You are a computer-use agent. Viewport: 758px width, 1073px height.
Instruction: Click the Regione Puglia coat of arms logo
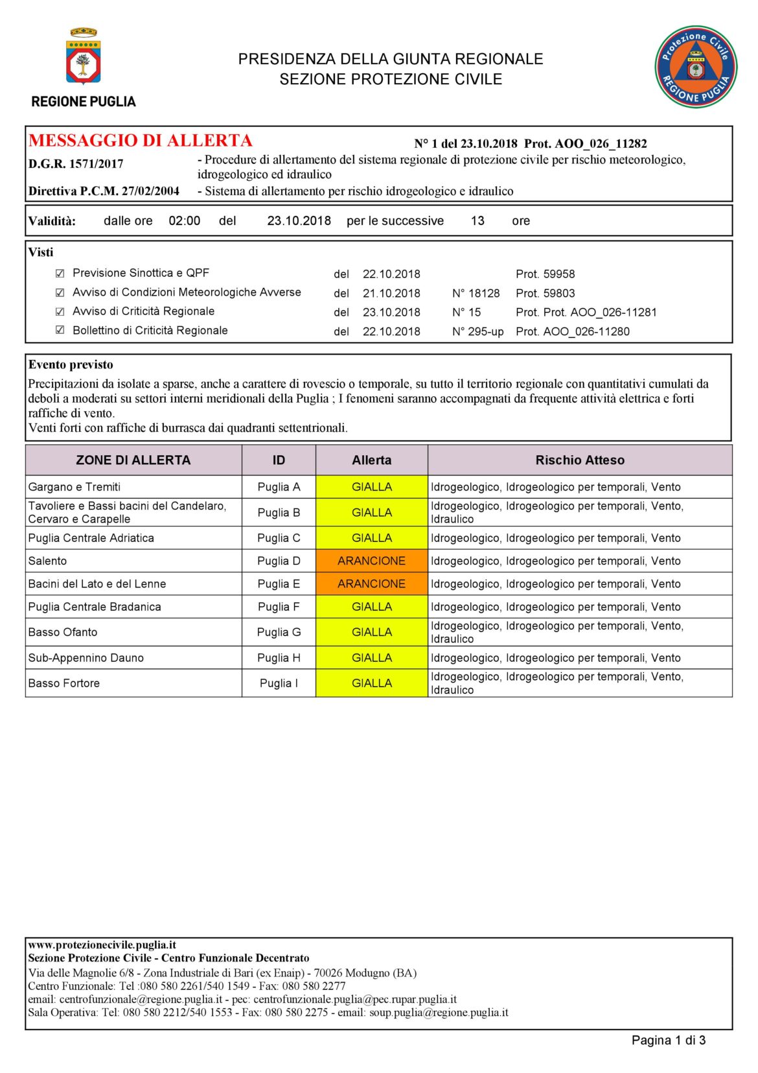click(x=83, y=56)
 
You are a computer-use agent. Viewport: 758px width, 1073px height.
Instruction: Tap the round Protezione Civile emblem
click(x=695, y=67)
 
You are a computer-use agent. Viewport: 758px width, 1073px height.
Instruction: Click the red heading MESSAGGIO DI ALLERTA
click(x=140, y=141)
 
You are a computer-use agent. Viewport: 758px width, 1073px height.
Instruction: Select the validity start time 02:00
click(x=185, y=221)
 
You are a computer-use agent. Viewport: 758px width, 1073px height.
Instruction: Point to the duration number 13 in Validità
click(x=477, y=221)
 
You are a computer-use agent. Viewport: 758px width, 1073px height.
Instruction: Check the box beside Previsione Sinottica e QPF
click(x=60, y=274)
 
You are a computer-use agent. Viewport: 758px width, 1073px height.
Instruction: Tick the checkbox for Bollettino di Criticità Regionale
click(x=60, y=330)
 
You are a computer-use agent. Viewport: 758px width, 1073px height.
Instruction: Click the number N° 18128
click(x=476, y=293)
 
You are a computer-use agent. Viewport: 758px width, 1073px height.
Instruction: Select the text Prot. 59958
click(x=546, y=274)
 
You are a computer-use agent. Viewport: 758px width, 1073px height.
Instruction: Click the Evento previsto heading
click(x=71, y=364)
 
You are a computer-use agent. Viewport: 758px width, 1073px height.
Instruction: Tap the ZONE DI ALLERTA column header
click(x=133, y=460)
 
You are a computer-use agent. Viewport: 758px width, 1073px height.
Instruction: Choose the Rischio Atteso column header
click(x=580, y=460)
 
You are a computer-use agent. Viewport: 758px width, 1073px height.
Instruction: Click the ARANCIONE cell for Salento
click(x=371, y=561)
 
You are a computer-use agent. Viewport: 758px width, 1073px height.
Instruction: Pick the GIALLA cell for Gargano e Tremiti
click(x=371, y=487)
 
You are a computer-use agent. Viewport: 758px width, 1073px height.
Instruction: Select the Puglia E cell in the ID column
click(x=279, y=584)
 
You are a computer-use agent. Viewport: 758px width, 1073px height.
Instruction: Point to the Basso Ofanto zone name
click(x=63, y=632)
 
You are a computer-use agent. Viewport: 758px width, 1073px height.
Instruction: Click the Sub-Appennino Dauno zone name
click(x=86, y=657)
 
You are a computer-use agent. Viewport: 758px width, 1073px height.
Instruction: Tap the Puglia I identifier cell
click(x=279, y=683)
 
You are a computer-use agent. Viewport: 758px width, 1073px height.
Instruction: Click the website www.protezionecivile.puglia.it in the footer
click(x=102, y=945)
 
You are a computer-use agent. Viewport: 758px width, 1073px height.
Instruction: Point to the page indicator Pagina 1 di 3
click(x=668, y=1040)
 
